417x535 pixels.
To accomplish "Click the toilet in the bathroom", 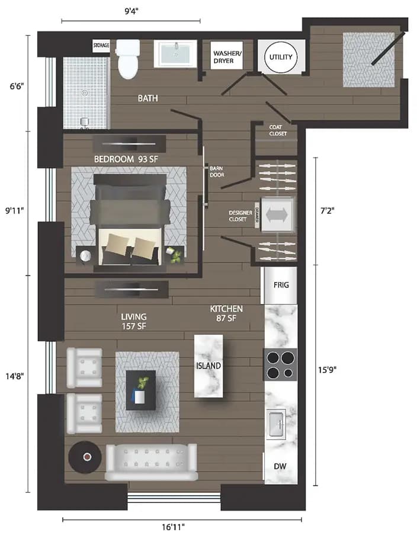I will [x=128, y=59].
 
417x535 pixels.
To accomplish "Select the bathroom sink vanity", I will [x=176, y=55].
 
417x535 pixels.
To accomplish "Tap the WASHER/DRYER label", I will [x=227, y=57].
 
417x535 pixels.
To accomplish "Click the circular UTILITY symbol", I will [x=278, y=57].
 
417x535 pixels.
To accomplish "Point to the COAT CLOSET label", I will [x=278, y=130].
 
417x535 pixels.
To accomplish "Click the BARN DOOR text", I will [x=217, y=171].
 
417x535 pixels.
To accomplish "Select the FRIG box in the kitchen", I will [x=281, y=285].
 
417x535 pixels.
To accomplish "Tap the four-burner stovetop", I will [x=280, y=365].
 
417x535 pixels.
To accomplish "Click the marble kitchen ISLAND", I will [x=208, y=366].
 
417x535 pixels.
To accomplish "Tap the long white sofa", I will [x=151, y=462].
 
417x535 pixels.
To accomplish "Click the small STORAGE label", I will [x=101, y=46].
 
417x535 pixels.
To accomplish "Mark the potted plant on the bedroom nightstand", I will [x=175, y=255].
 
